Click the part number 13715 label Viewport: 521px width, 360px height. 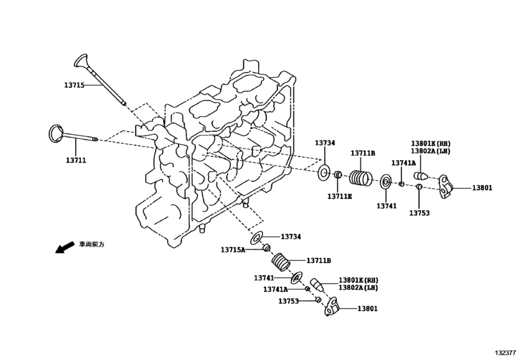[x=74, y=85]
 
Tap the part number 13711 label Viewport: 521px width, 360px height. [x=76, y=160]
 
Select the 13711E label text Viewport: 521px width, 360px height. [x=340, y=197]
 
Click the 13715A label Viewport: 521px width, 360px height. [x=233, y=249]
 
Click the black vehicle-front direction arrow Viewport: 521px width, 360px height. [x=64, y=248]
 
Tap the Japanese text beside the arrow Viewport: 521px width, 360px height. [x=91, y=244]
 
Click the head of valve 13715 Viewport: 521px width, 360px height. [x=80, y=61]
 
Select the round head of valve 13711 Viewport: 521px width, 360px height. [x=55, y=134]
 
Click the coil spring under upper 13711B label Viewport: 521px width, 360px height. [x=361, y=179]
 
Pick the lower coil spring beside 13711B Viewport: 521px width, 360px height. [x=281, y=262]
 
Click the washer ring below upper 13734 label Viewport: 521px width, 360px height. [x=324, y=172]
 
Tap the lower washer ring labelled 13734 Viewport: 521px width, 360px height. [x=256, y=239]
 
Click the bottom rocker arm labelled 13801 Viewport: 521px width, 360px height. [x=331, y=307]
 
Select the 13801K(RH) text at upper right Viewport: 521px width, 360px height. [x=431, y=143]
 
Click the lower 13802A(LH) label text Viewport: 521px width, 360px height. [x=358, y=288]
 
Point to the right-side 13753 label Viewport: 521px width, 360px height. [x=419, y=213]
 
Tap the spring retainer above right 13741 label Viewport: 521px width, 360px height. [x=385, y=182]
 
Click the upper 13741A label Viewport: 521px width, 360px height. [x=403, y=163]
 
